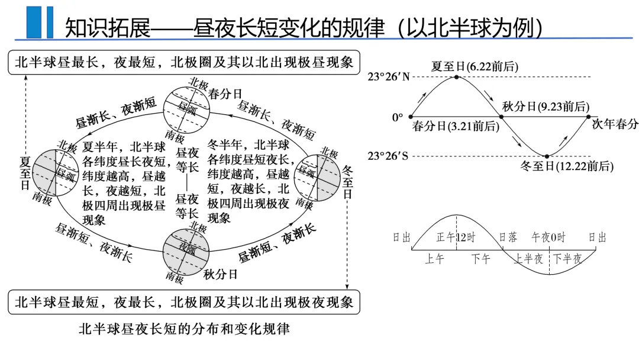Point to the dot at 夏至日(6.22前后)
coord(456,77)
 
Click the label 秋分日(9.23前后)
coord(546,107)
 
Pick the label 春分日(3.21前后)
coord(448,126)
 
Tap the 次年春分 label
coord(615,124)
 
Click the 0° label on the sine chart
coord(397,117)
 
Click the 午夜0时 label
coord(548,237)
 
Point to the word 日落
coord(508,237)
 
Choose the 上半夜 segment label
coord(528,259)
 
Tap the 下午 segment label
coord(481,259)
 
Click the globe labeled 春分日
coord(187,109)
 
